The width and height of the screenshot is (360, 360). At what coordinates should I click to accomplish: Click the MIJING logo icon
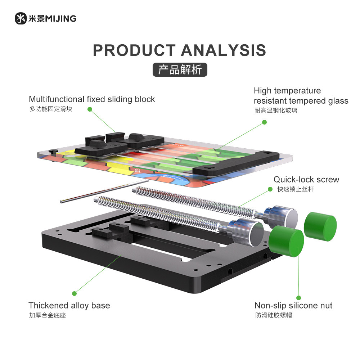21,18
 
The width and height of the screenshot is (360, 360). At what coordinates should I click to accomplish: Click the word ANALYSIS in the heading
224,51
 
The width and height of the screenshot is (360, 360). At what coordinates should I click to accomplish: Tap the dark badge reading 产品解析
180,69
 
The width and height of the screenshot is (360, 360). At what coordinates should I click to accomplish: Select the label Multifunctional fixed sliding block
92,99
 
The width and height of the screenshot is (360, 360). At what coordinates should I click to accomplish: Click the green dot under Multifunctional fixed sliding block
90,109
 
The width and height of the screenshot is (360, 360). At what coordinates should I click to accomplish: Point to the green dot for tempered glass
264,122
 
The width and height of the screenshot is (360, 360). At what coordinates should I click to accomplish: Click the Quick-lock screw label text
306,179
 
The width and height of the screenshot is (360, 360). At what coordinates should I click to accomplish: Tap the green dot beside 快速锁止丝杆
270,189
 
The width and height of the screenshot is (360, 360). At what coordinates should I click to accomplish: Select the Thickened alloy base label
69,306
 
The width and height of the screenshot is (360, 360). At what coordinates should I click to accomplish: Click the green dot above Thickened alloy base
75,293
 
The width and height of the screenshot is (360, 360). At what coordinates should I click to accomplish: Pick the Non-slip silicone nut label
293,306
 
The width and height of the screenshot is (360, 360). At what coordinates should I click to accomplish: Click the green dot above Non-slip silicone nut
299,298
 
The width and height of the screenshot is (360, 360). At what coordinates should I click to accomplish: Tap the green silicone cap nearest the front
286,242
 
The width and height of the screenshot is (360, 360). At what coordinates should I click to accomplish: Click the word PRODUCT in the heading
135,51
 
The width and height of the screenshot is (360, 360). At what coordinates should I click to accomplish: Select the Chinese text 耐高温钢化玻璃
276,111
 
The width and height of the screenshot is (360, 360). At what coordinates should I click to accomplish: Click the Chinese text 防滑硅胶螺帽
273,316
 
